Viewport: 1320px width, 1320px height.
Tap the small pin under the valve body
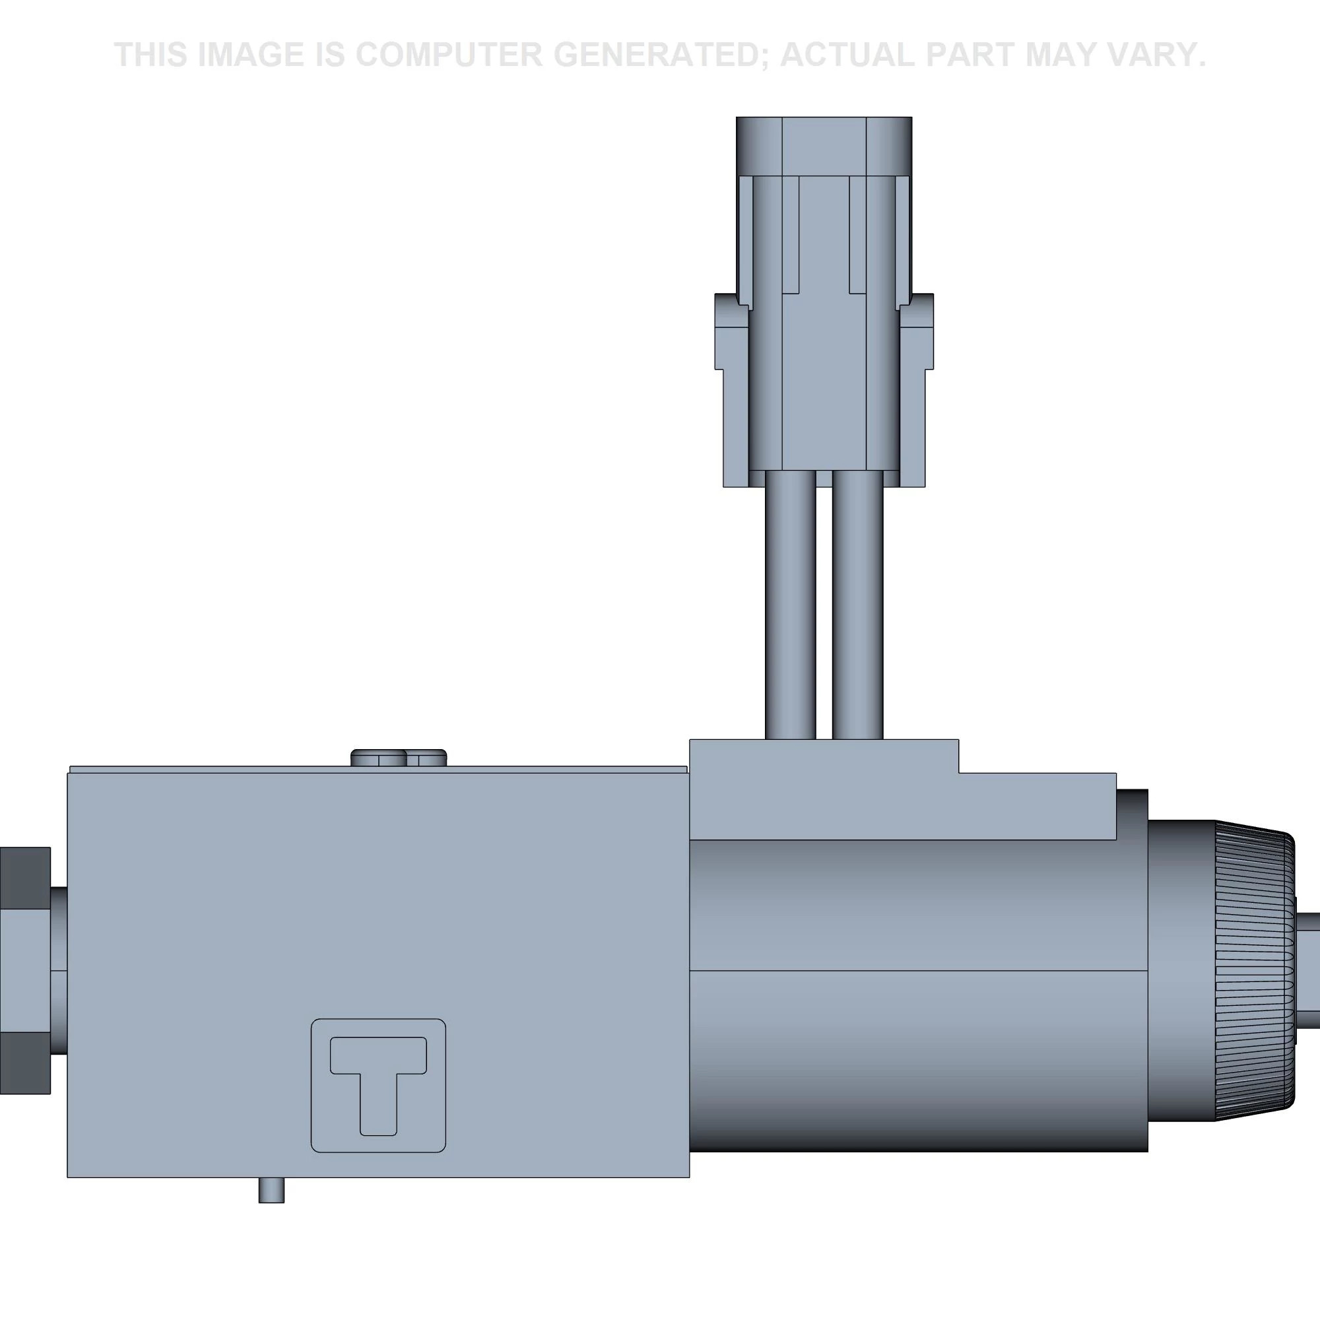[x=271, y=1190]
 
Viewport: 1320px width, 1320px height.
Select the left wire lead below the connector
[x=791, y=606]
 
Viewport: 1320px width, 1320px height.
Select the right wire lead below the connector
[x=857, y=606]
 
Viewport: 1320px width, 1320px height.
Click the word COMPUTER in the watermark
[x=448, y=55]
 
